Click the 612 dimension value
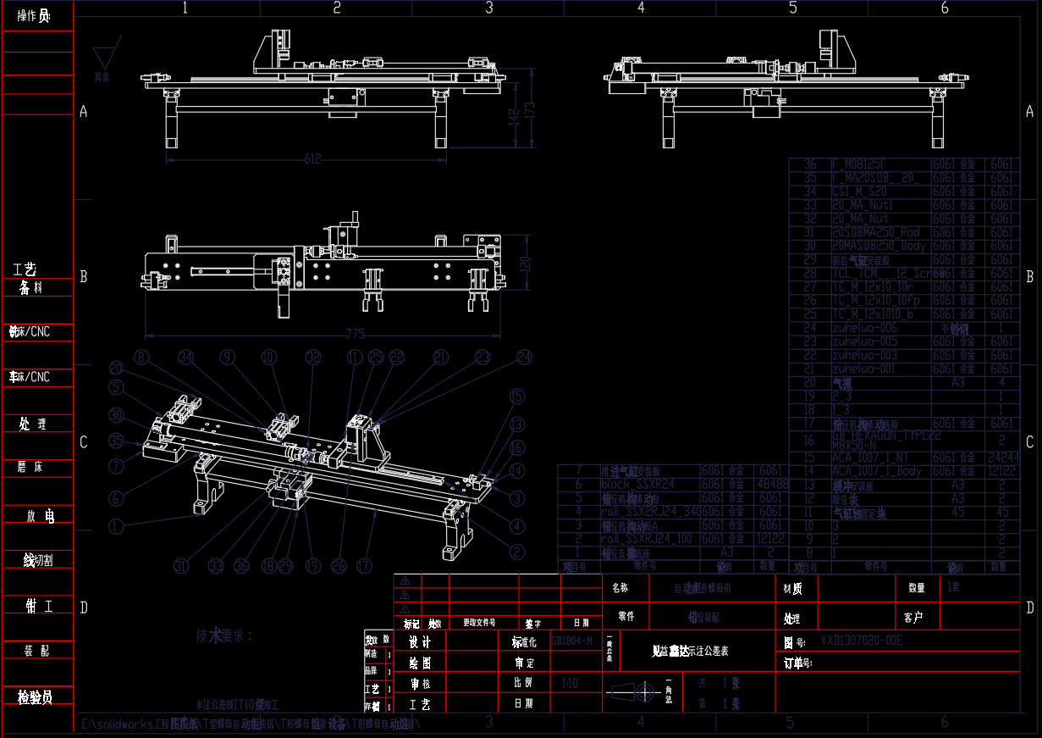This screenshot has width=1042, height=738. [x=313, y=158]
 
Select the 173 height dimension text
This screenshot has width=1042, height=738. [x=531, y=110]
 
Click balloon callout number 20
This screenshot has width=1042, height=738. [x=117, y=369]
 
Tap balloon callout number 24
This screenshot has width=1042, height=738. [x=525, y=357]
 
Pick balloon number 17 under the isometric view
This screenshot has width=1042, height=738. [x=365, y=565]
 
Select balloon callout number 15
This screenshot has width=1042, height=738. [x=516, y=397]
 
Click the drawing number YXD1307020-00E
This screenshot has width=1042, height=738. [x=861, y=641]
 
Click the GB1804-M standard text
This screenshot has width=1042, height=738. [x=572, y=641]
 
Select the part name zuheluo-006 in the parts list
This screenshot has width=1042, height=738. [x=864, y=328]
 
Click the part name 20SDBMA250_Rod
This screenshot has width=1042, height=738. [x=875, y=232]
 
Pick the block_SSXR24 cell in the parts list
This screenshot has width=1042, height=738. [x=637, y=484]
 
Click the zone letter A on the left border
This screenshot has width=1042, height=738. [x=83, y=111]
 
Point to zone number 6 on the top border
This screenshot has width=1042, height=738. [x=945, y=8]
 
